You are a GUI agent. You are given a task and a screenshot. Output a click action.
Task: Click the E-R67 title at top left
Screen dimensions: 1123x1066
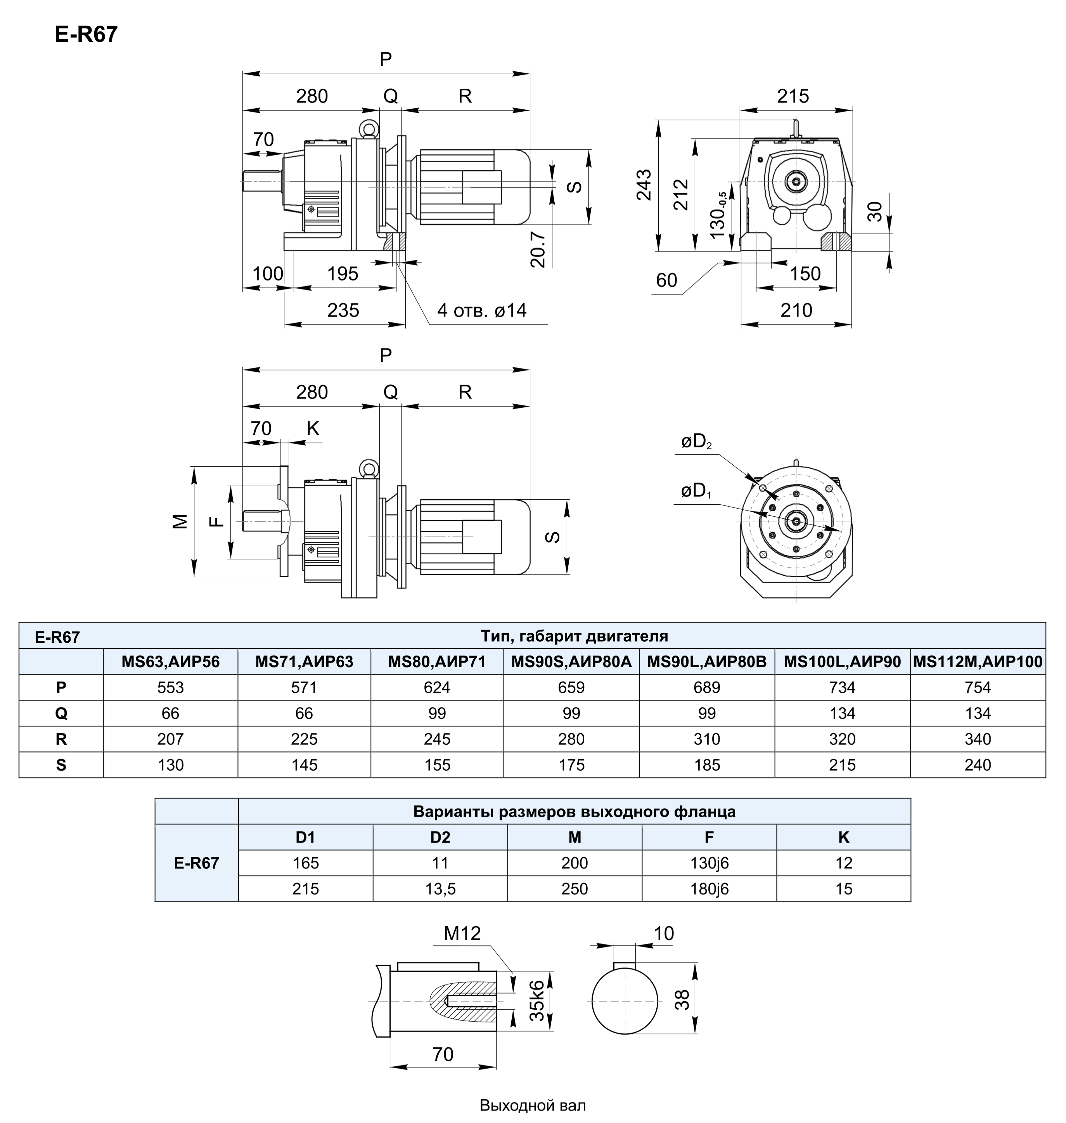coord(86,35)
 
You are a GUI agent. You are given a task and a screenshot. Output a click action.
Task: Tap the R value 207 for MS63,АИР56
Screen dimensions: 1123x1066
coord(170,739)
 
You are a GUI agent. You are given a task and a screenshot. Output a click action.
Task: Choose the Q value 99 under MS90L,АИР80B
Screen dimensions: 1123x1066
coord(707,713)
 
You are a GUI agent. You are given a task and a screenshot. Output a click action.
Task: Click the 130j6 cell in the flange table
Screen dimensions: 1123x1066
coord(709,863)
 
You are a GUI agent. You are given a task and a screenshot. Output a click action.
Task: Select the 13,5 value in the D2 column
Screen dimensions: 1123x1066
coord(440,889)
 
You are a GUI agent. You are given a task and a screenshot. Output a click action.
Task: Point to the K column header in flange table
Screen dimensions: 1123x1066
coord(843,837)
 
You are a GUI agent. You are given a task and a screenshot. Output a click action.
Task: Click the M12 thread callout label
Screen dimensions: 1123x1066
coord(462,933)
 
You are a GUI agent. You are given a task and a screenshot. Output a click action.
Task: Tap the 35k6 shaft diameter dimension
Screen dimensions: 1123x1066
coord(537,1000)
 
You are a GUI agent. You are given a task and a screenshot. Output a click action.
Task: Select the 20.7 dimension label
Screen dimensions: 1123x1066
coord(538,249)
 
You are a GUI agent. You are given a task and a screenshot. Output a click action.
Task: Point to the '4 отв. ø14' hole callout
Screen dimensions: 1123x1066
coord(482,310)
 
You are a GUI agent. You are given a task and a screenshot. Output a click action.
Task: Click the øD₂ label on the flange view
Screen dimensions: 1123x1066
coord(697,441)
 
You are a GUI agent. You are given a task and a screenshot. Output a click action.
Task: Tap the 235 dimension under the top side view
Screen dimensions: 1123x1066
coord(343,310)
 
